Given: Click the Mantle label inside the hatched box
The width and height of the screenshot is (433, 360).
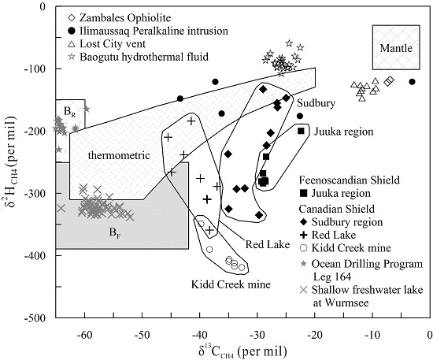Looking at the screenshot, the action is click(x=396, y=48).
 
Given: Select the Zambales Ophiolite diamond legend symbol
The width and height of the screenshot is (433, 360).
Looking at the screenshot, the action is click(x=72, y=18).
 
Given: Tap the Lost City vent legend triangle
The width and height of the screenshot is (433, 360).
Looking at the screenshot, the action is click(x=72, y=43).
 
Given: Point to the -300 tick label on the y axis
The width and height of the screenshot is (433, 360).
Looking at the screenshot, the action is click(x=35, y=193).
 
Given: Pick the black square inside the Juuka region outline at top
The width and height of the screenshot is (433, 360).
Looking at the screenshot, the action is click(x=301, y=131).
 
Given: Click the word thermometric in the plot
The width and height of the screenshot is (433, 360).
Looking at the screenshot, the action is click(x=119, y=155).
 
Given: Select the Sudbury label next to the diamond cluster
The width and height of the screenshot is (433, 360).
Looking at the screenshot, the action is click(x=316, y=103).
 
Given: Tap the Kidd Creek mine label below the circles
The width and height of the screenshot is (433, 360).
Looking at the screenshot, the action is click(x=231, y=284).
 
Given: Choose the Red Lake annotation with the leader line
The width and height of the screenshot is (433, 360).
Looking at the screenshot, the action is click(x=268, y=244).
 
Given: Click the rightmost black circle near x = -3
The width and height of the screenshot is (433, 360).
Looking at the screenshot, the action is click(x=412, y=82).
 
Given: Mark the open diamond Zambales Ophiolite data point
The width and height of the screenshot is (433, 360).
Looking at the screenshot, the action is click(x=390, y=81).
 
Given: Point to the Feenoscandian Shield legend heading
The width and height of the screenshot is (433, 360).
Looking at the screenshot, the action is click(x=350, y=180).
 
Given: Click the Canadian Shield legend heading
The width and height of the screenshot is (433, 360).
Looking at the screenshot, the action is click(x=337, y=209).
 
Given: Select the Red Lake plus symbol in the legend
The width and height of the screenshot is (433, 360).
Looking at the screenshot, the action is click(x=303, y=235).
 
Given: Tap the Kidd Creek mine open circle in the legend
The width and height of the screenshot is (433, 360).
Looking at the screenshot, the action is click(x=303, y=248).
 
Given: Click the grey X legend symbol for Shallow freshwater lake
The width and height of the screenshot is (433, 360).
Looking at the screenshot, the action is click(x=303, y=290).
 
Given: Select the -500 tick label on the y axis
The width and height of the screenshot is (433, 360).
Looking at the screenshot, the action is click(x=35, y=317).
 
